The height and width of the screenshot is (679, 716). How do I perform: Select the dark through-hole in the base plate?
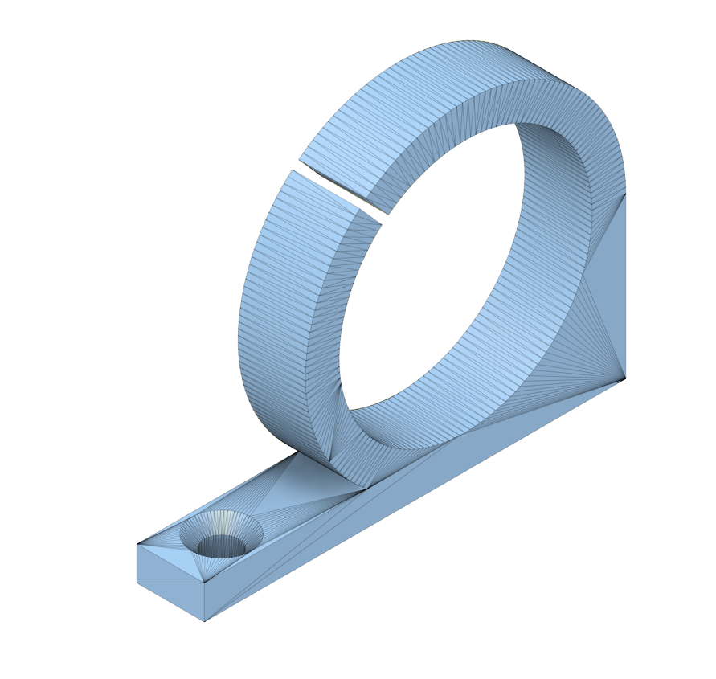point(221,546)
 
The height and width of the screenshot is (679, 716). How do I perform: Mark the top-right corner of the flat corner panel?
point(626,193)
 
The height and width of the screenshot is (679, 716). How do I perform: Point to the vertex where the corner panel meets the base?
point(626,376)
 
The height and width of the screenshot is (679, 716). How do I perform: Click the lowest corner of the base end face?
point(204,621)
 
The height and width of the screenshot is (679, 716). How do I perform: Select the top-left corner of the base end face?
point(137,544)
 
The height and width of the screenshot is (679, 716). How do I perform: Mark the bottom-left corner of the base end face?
point(137,583)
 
